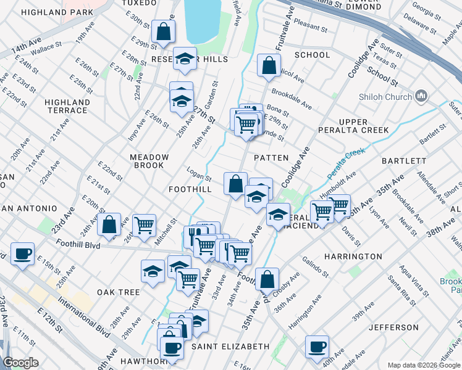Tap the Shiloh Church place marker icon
422,96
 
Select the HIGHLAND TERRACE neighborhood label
67,106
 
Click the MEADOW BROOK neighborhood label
147,162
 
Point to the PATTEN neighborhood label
271,158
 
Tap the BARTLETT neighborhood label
404,160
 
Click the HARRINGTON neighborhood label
353,256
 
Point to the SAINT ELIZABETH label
230,347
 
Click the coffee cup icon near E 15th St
23,253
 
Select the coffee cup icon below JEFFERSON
317,347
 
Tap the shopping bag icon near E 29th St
163,31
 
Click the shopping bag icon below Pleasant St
269,65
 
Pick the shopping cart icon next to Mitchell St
144,225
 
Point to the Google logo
20,363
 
